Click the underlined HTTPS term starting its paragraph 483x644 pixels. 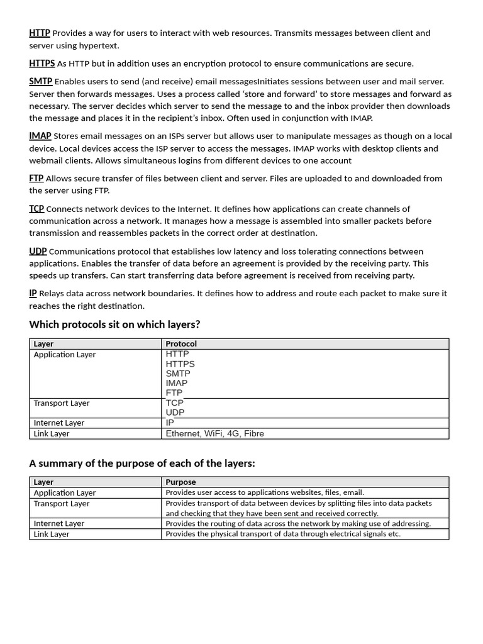(42, 64)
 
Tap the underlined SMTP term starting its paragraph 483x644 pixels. (41, 81)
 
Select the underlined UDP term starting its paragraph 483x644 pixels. (38, 252)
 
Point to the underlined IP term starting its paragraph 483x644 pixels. (33, 293)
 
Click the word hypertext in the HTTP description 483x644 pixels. (99, 45)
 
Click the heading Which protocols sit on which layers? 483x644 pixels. (114, 325)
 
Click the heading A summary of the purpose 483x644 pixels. (142, 464)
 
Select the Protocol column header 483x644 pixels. (181, 344)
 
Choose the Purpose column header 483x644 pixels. (180, 482)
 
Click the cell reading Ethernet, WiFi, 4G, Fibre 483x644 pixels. (215, 434)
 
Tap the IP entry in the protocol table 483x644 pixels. (170, 423)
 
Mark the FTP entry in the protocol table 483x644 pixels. (174, 393)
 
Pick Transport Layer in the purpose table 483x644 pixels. (62, 504)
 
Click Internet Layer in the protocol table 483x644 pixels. (59, 423)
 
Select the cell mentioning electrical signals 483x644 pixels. (283, 534)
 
